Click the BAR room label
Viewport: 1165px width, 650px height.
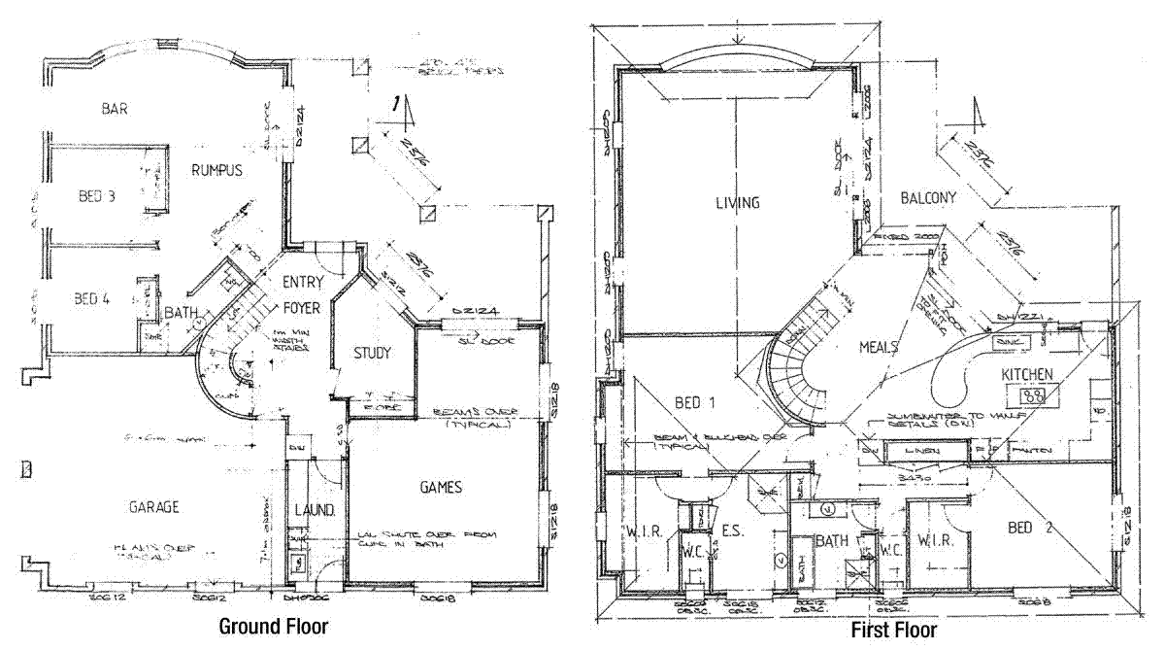point(115,108)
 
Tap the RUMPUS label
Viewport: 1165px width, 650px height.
point(216,170)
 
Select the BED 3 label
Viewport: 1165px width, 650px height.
point(96,196)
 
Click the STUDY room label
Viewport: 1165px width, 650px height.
point(372,353)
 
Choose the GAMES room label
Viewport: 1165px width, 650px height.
point(440,487)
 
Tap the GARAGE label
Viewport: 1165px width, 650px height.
point(154,507)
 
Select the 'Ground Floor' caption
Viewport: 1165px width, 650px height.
point(273,627)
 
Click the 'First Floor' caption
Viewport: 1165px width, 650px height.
point(894,631)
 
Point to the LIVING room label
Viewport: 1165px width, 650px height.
point(737,203)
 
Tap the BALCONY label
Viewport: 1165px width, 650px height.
point(927,197)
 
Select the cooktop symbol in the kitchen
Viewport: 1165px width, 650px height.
point(1035,396)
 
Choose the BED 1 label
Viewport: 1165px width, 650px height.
point(694,401)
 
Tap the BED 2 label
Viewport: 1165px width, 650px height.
point(1032,528)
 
